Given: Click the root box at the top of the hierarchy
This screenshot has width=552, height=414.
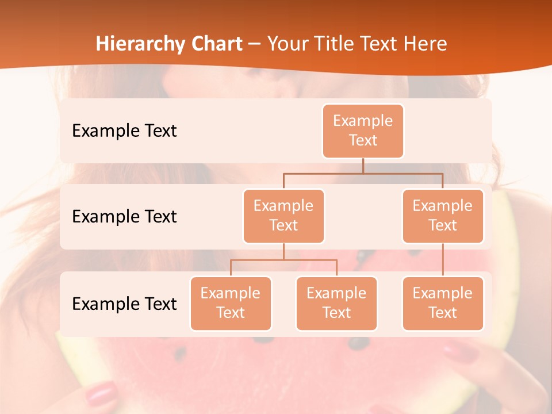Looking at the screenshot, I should [x=363, y=131].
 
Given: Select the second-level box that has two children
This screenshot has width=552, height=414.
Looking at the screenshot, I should [x=283, y=216].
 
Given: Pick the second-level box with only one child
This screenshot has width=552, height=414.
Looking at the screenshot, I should [x=443, y=216].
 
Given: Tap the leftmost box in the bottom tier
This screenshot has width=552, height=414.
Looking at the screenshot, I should [x=231, y=303].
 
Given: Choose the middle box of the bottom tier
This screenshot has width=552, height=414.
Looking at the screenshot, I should [x=336, y=303].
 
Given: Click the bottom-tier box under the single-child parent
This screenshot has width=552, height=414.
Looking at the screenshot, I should [x=443, y=303].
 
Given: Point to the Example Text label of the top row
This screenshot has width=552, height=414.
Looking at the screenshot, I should [x=124, y=131].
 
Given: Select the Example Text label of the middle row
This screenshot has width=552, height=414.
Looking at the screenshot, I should [x=124, y=216].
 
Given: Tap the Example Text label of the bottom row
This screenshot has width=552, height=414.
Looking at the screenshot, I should [x=124, y=304].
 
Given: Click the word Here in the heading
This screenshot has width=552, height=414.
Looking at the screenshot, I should [x=425, y=44].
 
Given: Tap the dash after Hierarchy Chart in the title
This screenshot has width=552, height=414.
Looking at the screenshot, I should [x=255, y=44].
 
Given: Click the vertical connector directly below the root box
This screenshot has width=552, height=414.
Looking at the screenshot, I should [x=363, y=166].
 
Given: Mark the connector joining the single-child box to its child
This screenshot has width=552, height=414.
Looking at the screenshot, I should [x=443, y=260].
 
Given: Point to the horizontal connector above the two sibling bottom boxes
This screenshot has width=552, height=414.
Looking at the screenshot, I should [x=283, y=260].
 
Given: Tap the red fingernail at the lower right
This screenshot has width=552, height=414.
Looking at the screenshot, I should [x=460, y=350].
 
